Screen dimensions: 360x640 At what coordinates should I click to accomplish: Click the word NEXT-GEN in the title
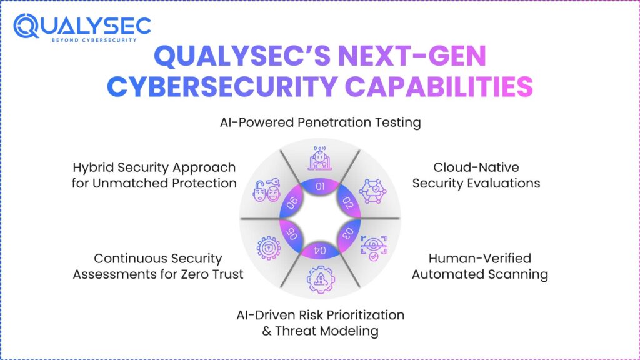tap(412, 58)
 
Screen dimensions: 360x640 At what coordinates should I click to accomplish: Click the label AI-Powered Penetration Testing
tap(320, 122)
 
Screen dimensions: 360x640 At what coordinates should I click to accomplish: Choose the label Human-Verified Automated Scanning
tap(479, 266)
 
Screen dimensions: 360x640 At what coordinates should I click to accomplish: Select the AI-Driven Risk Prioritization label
tap(320, 322)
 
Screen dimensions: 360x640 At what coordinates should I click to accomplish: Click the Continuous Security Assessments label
tap(157, 266)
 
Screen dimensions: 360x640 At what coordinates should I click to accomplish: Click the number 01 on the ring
tap(320, 186)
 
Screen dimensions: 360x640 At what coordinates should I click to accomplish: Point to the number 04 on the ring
tap(320, 251)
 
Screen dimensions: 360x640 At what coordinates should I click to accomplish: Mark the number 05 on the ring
tap(291, 234)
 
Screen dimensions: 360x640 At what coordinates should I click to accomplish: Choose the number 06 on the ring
tap(291, 203)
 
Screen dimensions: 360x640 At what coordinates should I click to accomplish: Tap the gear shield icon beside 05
tap(269, 248)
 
